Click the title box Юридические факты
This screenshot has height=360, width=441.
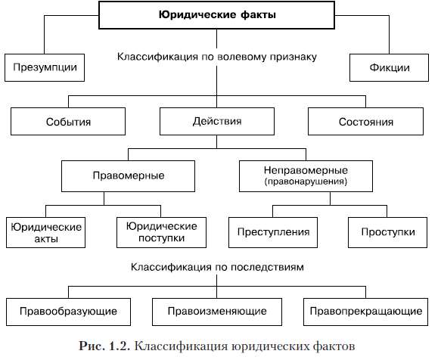216,15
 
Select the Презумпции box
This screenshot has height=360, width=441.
45,68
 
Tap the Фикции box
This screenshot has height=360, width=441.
390,68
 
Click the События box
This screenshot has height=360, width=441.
68,122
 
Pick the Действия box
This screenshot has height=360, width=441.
217,122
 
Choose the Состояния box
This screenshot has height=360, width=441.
365,122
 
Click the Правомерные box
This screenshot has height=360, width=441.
129,176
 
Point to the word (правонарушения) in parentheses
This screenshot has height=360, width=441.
306,182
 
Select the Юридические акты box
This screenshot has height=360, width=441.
46,233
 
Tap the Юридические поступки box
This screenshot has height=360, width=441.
161,233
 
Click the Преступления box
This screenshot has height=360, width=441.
273,233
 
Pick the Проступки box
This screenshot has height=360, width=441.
388,233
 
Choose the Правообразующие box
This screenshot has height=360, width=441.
68,312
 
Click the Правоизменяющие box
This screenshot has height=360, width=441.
217,312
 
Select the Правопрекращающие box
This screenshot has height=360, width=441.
366,312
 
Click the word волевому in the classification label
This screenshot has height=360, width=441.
243,57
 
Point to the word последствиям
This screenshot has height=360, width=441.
267,267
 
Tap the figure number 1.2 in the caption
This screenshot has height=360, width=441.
120,346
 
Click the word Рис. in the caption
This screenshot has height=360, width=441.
92,346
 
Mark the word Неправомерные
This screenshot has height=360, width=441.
306,170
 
